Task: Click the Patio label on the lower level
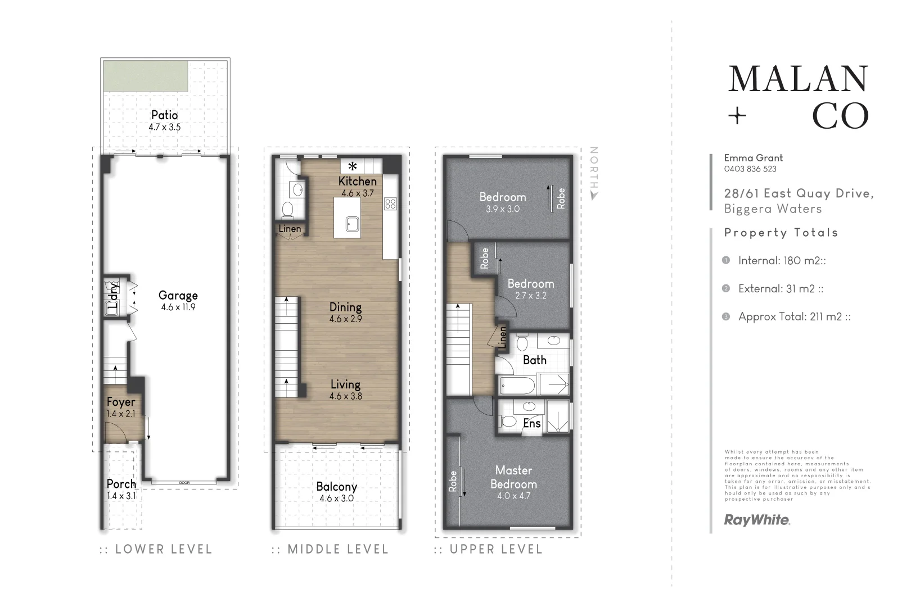click(164, 115)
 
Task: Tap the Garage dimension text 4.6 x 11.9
click(178, 307)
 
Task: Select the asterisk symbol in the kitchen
click(353, 166)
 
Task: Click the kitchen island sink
click(352, 223)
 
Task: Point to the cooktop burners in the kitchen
click(390, 203)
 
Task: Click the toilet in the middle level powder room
click(287, 210)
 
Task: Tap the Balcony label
click(336, 487)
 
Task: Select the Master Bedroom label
click(513, 477)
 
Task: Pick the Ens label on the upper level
click(531, 423)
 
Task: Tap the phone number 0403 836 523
click(750, 169)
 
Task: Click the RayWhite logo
click(756, 520)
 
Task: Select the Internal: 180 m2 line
click(781, 261)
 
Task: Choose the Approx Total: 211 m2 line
click(793, 317)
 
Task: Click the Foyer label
click(121, 402)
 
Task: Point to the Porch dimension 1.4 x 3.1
click(121, 496)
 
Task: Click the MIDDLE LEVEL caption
click(337, 549)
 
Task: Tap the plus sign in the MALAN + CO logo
click(737, 116)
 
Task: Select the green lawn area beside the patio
click(146, 77)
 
